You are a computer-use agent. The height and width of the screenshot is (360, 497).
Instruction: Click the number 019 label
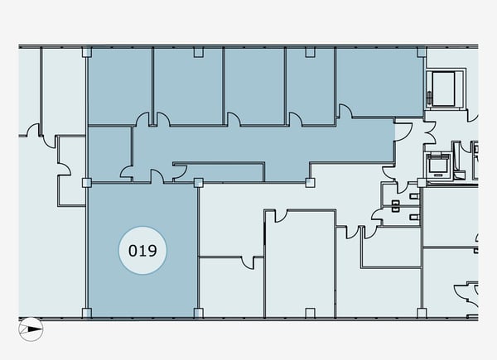click(x=142, y=251)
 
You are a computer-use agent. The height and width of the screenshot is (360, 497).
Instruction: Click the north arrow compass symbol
click(x=31, y=329)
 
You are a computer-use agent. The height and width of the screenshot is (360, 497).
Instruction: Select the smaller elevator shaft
click(x=439, y=166)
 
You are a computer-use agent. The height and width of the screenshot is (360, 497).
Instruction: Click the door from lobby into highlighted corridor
click(x=402, y=132)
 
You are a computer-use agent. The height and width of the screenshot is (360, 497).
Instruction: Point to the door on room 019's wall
click(x=157, y=176)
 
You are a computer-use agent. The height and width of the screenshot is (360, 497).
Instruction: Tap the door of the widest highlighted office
click(x=345, y=112)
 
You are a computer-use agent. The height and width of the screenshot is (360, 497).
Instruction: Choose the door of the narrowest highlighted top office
click(x=295, y=119)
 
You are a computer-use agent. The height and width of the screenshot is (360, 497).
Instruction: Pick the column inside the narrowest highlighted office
click(x=310, y=52)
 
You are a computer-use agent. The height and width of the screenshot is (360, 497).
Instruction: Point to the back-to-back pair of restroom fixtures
click(x=395, y=206)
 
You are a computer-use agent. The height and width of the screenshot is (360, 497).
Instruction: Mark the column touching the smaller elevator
click(x=422, y=183)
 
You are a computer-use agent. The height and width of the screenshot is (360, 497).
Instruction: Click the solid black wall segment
click(x=264, y=233)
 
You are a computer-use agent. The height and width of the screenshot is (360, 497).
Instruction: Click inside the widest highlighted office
click(x=379, y=82)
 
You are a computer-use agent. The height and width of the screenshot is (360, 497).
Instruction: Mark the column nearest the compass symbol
click(x=86, y=313)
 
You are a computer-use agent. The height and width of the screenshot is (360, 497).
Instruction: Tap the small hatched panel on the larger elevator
click(x=429, y=98)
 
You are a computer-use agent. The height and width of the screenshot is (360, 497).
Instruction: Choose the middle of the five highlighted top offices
click(x=254, y=86)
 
